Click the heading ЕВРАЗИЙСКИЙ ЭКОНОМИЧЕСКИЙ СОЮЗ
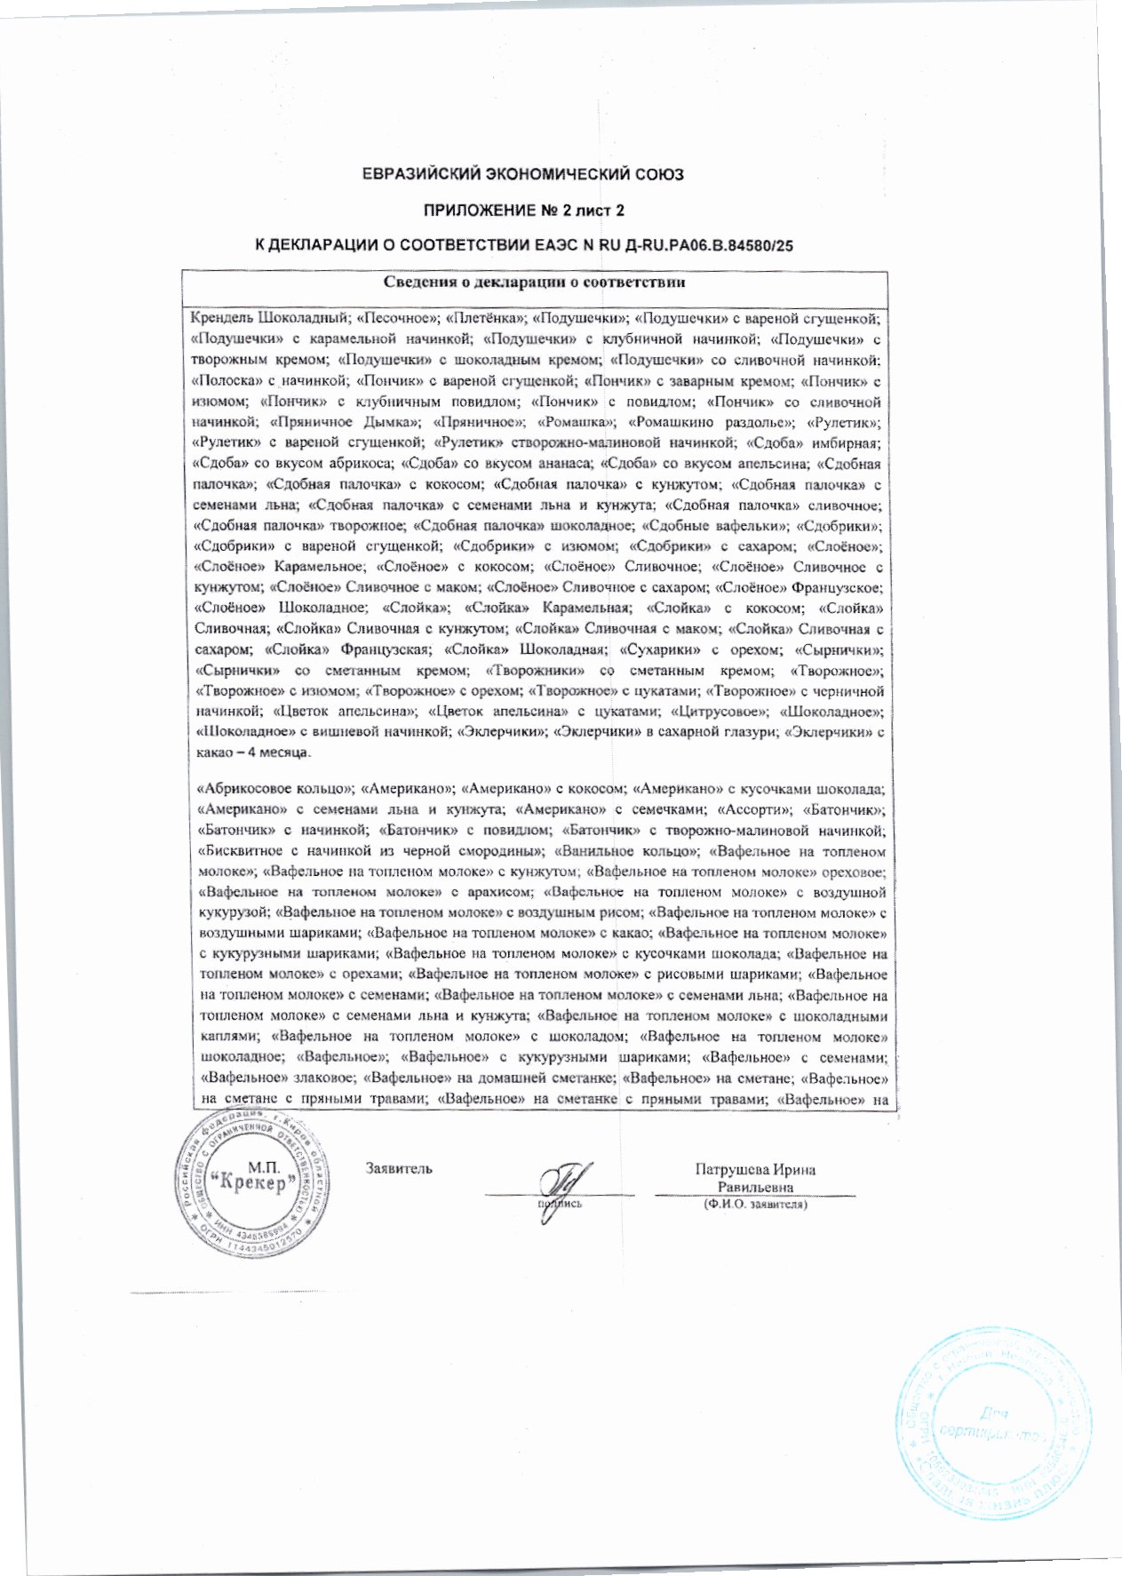tap(523, 175)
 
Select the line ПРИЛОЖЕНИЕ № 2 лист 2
tap(523, 210)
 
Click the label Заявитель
tap(399, 1168)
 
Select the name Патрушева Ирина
tap(754, 1170)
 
